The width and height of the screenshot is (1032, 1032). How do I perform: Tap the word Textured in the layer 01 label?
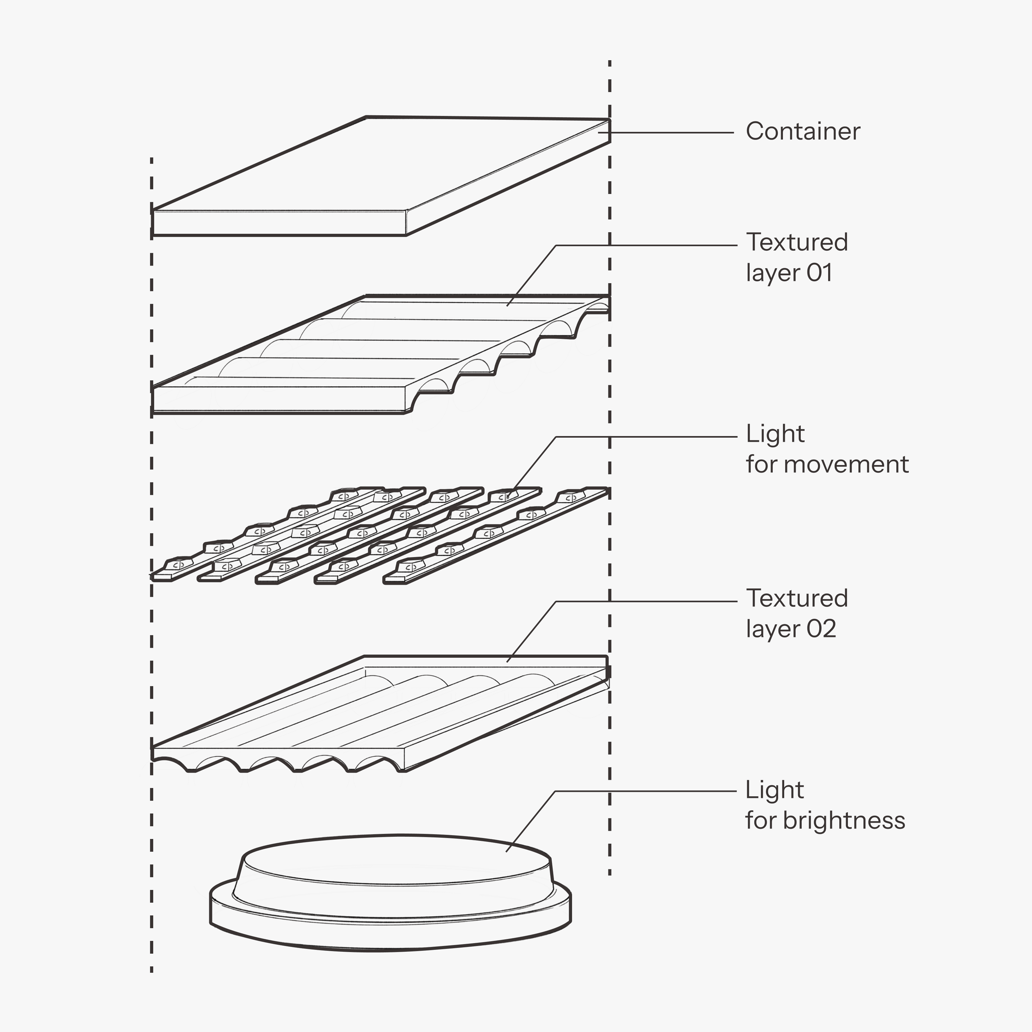tap(796, 242)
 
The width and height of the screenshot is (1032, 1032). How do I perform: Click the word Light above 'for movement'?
tap(775, 434)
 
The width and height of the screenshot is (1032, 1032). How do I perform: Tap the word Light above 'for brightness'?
tap(775, 790)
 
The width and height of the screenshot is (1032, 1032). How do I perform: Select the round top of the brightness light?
tap(395, 860)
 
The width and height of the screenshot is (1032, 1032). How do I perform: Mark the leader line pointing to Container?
tap(673, 133)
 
